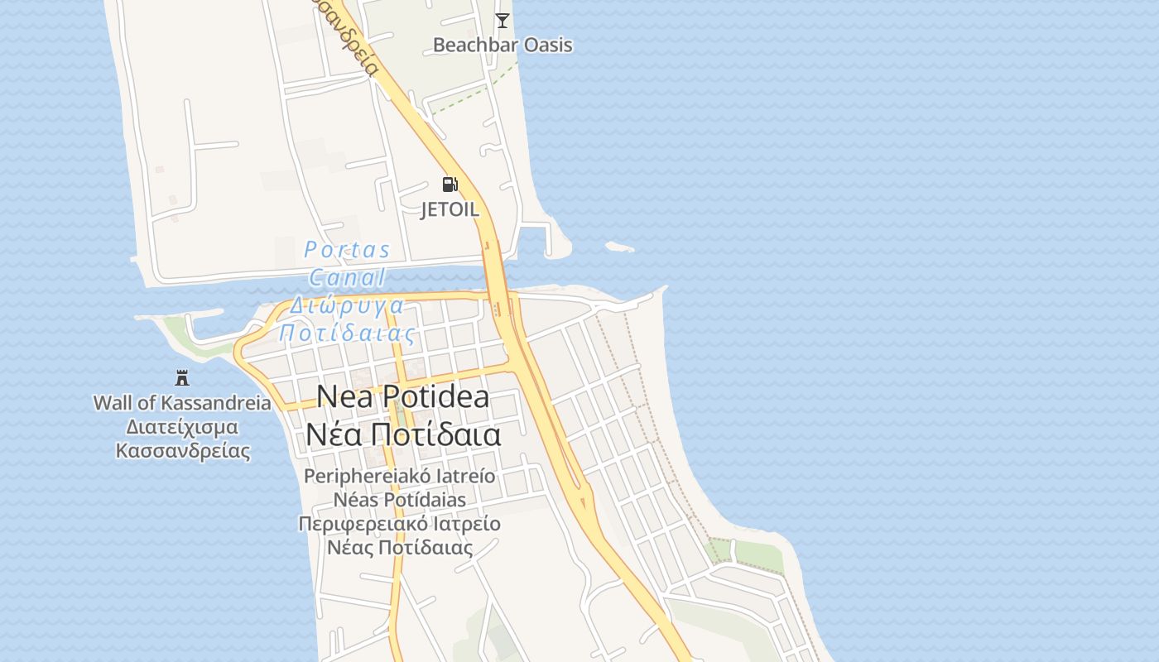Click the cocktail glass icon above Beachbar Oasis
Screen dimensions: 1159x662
[x=503, y=20]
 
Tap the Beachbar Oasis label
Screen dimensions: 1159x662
[x=503, y=45]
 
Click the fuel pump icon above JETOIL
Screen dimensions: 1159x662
[x=450, y=185]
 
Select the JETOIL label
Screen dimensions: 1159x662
[x=450, y=209]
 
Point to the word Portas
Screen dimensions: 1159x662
[x=347, y=249]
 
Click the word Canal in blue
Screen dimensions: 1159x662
[x=347, y=277]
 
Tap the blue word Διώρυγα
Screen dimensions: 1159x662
[x=347, y=305]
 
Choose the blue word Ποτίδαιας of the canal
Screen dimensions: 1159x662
[x=347, y=333]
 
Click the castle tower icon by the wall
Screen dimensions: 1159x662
[x=182, y=378]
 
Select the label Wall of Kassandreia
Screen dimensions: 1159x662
[x=182, y=403]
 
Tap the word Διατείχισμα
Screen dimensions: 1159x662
[x=182, y=427]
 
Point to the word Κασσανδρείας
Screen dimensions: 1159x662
[x=182, y=451]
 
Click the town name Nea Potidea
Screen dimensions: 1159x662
[x=403, y=397]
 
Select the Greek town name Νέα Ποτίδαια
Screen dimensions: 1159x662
[x=403, y=434]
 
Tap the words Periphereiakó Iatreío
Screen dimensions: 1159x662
[x=400, y=477]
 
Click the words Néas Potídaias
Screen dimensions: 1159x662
[x=400, y=500]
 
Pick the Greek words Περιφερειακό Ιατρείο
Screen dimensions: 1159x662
[x=400, y=524]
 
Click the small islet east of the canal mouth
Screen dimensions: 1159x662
[x=619, y=247]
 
